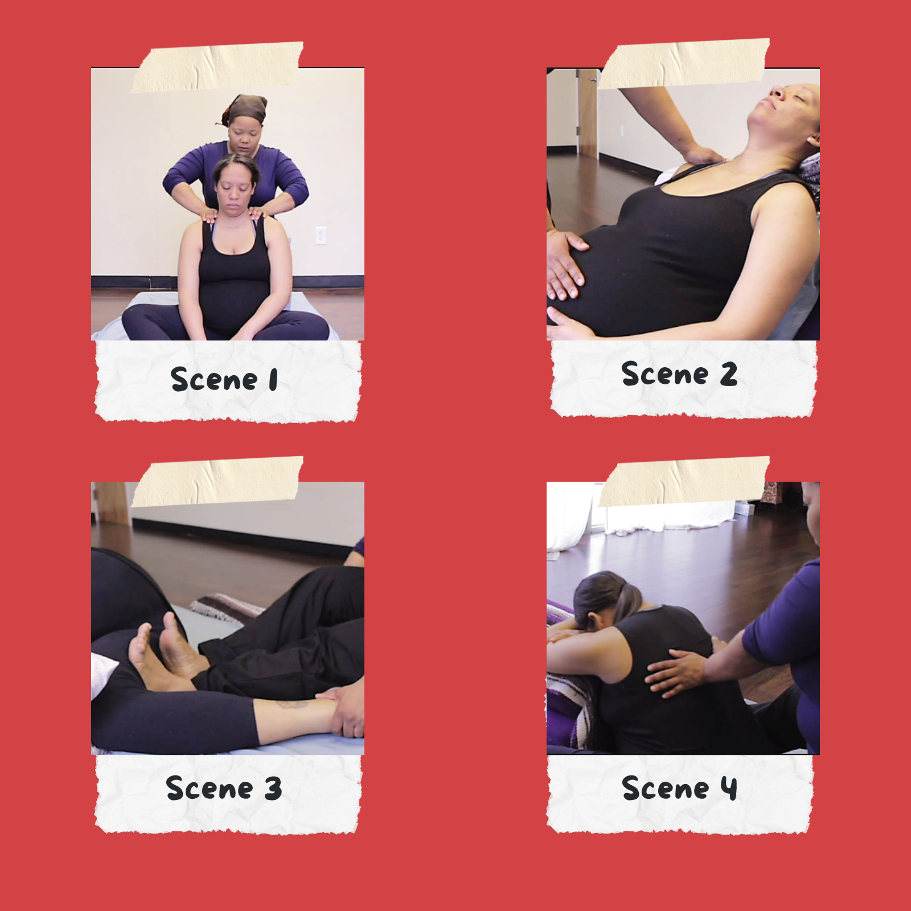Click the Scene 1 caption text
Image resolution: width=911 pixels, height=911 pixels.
(x=224, y=379)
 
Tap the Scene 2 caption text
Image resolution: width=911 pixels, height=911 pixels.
(x=680, y=374)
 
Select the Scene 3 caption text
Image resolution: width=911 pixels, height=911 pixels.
(x=224, y=788)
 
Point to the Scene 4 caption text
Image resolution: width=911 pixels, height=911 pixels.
(x=680, y=788)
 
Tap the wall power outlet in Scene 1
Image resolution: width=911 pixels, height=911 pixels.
(x=321, y=235)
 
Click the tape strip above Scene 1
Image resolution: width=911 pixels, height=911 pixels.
(x=218, y=67)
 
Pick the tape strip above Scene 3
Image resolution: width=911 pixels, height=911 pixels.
(x=218, y=482)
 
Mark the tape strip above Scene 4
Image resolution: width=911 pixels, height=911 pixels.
(x=684, y=482)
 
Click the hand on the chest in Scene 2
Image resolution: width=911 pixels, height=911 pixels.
(x=703, y=154)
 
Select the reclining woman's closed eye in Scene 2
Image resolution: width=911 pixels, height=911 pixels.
(x=778, y=92)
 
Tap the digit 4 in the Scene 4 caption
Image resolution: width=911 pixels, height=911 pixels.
(x=729, y=789)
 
